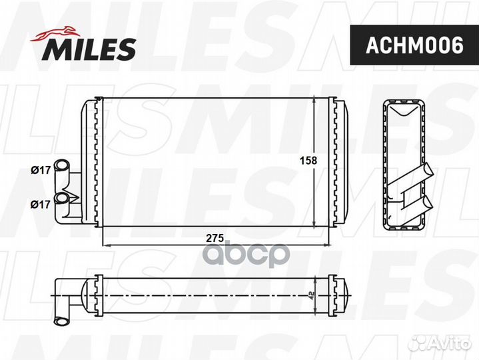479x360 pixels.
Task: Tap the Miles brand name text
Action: point(91,49)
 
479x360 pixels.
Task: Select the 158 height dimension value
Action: point(307,160)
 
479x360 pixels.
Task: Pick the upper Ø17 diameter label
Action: point(41,170)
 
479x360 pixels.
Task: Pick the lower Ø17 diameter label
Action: point(41,204)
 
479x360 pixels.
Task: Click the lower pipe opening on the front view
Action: point(62,198)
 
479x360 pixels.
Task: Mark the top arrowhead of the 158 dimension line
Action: point(314,101)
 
